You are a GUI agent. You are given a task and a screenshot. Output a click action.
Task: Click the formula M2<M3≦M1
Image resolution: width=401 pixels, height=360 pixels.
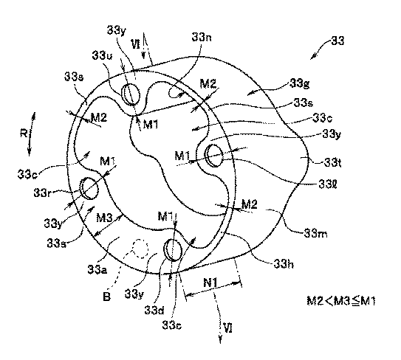[341, 301]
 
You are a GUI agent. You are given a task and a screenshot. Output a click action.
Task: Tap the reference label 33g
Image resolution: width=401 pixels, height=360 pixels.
[300, 83]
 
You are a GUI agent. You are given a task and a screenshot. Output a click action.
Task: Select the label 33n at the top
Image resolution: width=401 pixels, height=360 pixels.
[202, 38]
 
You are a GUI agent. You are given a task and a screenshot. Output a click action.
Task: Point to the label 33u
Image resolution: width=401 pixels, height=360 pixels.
[103, 55]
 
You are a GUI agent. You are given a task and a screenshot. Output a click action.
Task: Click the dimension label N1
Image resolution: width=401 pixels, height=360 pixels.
[210, 283]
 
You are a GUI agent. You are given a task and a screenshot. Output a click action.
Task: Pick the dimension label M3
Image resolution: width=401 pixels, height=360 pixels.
[104, 218]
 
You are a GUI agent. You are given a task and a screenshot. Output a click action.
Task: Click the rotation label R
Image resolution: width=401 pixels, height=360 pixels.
[24, 133]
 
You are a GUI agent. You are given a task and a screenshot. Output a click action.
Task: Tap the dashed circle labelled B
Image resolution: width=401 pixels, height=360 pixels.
[140, 248]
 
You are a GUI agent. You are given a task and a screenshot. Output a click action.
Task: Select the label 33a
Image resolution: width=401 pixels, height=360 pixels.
[97, 269]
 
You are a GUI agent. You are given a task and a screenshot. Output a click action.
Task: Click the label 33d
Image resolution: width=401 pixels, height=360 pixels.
[154, 310]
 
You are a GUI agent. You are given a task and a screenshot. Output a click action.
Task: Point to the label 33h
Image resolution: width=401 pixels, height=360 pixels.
[284, 263]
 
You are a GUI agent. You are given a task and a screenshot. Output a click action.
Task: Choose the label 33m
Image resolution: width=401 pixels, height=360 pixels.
[315, 233]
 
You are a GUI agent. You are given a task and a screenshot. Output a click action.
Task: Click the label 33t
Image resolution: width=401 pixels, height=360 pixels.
[332, 162]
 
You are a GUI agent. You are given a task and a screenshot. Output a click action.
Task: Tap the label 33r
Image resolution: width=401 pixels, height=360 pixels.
[42, 193]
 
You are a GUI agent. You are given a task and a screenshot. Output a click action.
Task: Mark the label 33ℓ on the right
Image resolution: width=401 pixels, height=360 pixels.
[328, 184]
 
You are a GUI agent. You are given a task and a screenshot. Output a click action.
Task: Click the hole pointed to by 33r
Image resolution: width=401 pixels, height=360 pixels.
[89, 189]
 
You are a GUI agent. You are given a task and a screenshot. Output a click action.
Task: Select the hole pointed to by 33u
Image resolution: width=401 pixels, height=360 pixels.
[131, 94]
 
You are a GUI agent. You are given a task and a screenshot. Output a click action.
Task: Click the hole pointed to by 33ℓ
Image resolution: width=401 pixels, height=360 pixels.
[214, 156]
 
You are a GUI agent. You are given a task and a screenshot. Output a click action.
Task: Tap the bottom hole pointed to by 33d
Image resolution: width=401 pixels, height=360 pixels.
[173, 249]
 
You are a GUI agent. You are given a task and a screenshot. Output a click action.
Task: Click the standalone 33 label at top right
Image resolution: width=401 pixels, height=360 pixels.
[337, 41]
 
